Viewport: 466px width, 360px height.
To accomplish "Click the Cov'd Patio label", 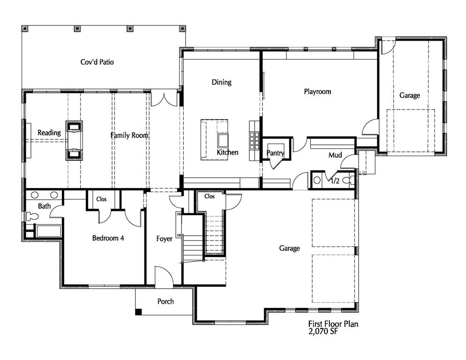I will pyautogui.click(x=97, y=62).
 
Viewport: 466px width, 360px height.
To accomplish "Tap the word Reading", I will pyautogui.click(x=49, y=133).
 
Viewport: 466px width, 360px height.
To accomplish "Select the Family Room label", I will pyautogui.click(x=129, y=135).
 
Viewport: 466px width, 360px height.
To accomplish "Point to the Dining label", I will pyautogui.click(x=221, y=82).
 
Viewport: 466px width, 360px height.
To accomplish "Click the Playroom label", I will pyautogui.click(x=317, y=92).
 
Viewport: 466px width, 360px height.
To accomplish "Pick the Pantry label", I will pyautogui.click(x=275, y=153).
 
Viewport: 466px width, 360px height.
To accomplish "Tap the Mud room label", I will pyautogui.click(x=335, y=155).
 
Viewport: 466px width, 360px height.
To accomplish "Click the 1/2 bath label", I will pyautogui.click(x=335, y=180).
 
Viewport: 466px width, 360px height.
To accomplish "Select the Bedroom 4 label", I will pyautogui.click(x=108, y=238).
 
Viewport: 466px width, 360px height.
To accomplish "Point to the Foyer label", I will pyautogui.click(x=164, y=239).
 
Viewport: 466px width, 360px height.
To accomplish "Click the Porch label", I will pyautogui.click(x=165, y=301).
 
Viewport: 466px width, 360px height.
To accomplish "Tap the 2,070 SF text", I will pyautogui.click(x=323, y=332).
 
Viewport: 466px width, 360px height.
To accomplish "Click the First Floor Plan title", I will pyautogui.click(x=333, y=324).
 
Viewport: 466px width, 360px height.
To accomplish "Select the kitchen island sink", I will pyautogui.click(x=221, y=140).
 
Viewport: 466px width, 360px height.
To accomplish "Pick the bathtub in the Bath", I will pyautogui.click(x=48, y=231).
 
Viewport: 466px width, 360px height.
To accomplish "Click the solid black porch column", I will pyautogui.click(x=138, y=312).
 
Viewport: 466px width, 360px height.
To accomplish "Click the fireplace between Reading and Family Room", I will pyautogui.click(x=74, y=140).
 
